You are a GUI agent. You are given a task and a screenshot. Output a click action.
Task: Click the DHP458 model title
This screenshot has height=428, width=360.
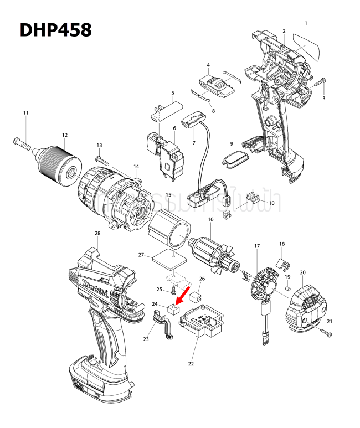tap(55, 30)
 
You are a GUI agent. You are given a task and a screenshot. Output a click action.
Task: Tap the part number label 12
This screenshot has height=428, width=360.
tap(65, 135)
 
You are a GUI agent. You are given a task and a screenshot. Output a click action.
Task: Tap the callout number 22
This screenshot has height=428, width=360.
tap(191, 364)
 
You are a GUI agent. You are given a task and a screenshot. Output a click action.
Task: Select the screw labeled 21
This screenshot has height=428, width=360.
tap(326, 332)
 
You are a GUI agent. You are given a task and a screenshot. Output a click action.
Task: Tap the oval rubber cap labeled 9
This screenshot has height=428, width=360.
tap(233, 159)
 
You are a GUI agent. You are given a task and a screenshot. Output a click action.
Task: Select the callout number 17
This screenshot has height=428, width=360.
tap(257, 245)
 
